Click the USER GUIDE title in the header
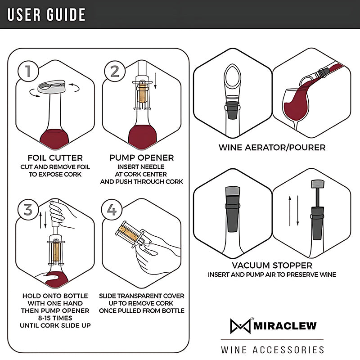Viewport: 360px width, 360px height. [46, 14]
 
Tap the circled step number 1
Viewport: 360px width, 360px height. [27, 71]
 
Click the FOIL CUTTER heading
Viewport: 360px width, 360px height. [55, 158]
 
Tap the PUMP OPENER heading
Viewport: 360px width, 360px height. [142, 158]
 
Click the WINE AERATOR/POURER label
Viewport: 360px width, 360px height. [272, 147]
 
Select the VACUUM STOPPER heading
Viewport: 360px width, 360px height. [272, 265]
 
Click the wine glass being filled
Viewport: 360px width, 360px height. [296, 106]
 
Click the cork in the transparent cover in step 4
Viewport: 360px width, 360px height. [128, 232]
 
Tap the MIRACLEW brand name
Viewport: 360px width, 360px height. [284, 325]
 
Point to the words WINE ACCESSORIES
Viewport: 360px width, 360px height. [272, 350]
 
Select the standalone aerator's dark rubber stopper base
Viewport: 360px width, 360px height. [233, 110]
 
